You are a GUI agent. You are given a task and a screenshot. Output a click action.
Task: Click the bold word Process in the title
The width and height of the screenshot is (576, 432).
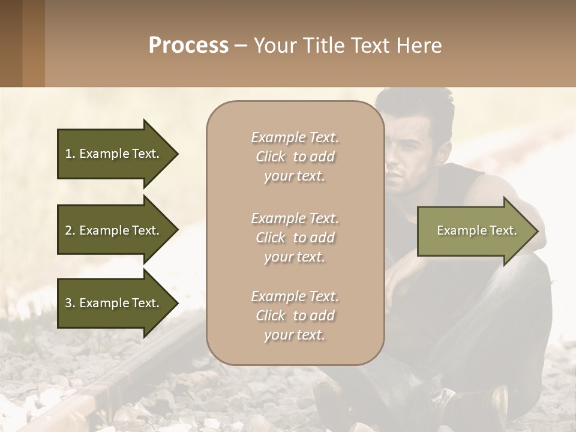188,45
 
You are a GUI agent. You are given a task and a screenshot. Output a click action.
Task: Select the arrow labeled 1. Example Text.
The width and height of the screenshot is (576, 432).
114,154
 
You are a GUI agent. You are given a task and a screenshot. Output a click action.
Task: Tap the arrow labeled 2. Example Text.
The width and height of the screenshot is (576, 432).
114,230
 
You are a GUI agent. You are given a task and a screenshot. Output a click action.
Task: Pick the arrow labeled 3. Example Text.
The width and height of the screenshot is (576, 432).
114,303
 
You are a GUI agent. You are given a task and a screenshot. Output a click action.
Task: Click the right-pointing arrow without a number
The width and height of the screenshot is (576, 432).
474,231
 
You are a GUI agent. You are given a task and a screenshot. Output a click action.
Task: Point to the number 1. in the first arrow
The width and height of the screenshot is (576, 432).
70,154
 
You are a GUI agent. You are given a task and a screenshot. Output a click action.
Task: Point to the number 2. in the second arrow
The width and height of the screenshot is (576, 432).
70,230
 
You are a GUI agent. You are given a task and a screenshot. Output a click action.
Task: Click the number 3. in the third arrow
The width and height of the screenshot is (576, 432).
70,303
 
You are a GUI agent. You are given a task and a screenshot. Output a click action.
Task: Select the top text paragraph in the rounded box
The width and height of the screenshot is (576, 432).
295,157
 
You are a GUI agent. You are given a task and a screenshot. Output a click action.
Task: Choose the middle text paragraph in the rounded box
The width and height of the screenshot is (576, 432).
295,238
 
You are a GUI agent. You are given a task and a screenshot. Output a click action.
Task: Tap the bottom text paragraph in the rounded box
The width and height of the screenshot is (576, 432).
295,316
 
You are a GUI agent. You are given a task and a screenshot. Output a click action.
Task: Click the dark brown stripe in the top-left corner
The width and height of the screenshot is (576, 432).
11,43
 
